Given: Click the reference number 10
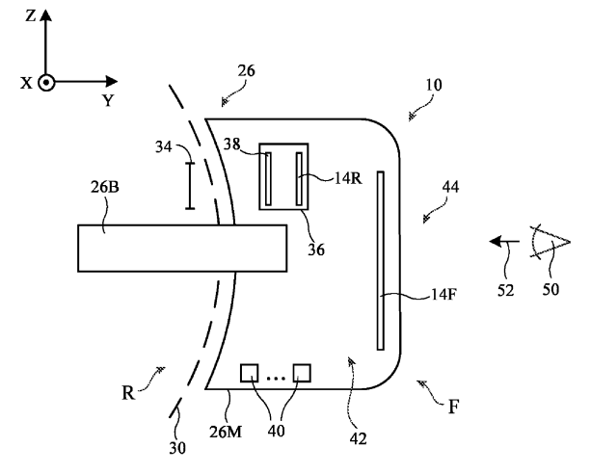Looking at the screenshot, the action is coord(434,85).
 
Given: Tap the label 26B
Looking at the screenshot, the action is coord(104,187).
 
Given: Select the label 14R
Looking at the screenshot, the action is coord(348,178).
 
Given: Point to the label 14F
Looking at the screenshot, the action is coord(443,294).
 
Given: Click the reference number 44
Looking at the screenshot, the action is coord(450,187).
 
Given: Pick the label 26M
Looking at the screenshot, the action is coord(226,432).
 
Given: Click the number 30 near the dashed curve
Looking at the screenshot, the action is coord(177,448).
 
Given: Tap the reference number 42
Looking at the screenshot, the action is coord(358,439).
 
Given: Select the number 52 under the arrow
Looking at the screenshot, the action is coord(505,291).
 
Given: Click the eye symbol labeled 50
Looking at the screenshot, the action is coord(551,242).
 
